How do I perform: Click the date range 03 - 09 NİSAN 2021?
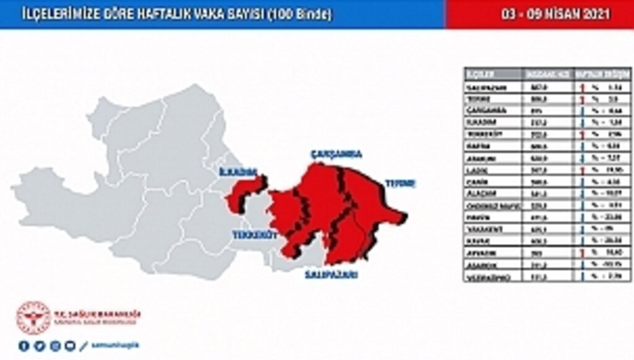[x=540, y=14]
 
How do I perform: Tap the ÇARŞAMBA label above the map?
[x=336, y=155]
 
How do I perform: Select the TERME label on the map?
[x=401, y=183]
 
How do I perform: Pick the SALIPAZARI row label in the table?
[x=486, y=88]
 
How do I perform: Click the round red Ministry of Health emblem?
[x=33, y=318]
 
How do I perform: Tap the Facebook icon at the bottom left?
[x=24, y=346]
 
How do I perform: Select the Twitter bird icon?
[x=39, y=346]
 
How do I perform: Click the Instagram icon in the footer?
[x=54, y=346]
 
